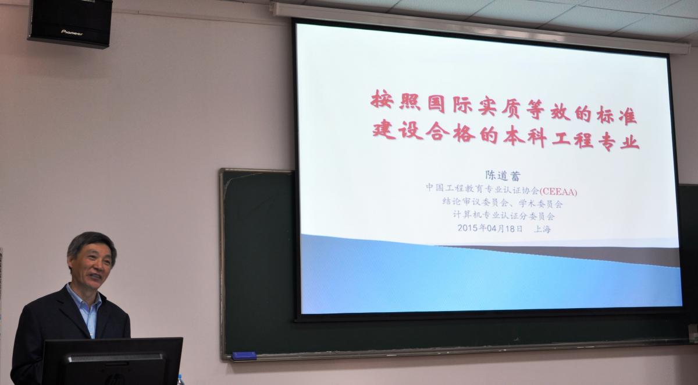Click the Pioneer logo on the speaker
pos(72,33)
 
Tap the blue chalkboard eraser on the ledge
pos(244,356)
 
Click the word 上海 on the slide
pos(543,229)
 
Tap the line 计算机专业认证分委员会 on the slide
pos(504,216)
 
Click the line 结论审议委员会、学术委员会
pos(503,203)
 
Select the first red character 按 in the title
pos(382,99)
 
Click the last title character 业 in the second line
pos(629,142)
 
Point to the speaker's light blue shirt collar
pos(84,299)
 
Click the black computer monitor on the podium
pos(112,361)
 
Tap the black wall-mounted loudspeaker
pos(71,23)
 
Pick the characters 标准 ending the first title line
pos(617,115)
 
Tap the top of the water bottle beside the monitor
pos(180,379)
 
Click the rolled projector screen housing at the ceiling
pos(480,27)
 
